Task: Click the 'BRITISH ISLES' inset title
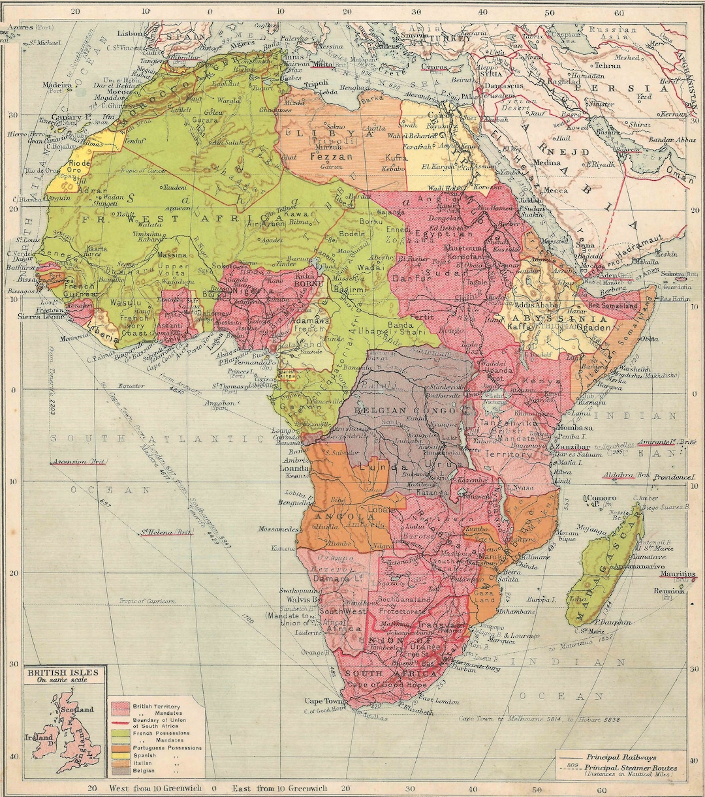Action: pos(63,672)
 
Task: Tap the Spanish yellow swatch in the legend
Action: pos(120,755)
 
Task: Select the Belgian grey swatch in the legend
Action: pos(120,771)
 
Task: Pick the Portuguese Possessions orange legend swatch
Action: pos(120,748)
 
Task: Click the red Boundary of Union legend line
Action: pos(120,723)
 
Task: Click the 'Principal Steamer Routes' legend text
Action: pos(630,768)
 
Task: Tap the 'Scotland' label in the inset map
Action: pos(78,709)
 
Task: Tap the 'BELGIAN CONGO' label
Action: pos(405,411)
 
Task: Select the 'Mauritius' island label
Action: pos(678,574)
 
